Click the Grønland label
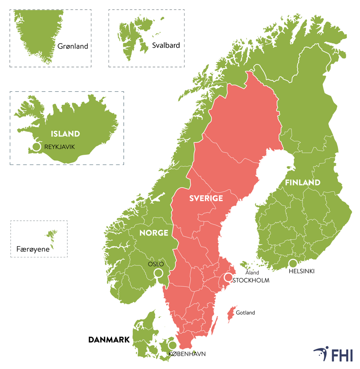coord(72,46)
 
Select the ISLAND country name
coord(65,134)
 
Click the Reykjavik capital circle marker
coord(37,147)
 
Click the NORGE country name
coord(154,233)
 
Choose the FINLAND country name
coord(302,182)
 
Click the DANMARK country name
coord(109,339)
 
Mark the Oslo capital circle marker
coord(158,273)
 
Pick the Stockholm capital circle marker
coord(229,277)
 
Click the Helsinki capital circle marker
coord(293,263)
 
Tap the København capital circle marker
coord(172,345)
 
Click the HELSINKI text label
coord(301,272)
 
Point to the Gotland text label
coord(245,313)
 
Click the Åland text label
coord(252,273)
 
